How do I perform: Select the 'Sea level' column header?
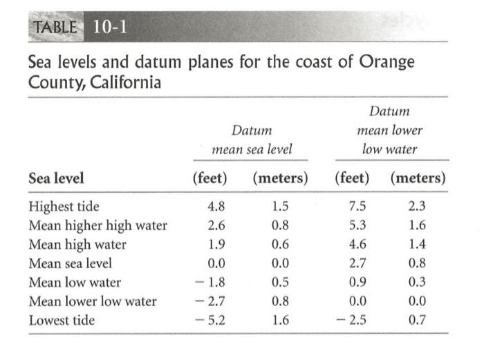tap(56, 178)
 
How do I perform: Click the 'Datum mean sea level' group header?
tap(251, 140)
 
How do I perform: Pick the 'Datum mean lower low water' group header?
tap(389, 130)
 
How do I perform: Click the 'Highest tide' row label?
tap(64, 207)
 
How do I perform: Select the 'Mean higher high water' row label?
tap(97, 225)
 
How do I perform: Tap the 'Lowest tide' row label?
tap(62, 320)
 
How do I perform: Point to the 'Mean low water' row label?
tap(75, 282)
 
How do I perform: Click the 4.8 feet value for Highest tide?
tap(216, 207)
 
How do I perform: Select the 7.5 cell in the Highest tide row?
tap(357, 207)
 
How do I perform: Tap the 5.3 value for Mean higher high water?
tap(357, 225)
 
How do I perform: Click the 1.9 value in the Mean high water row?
tap(216, 244)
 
